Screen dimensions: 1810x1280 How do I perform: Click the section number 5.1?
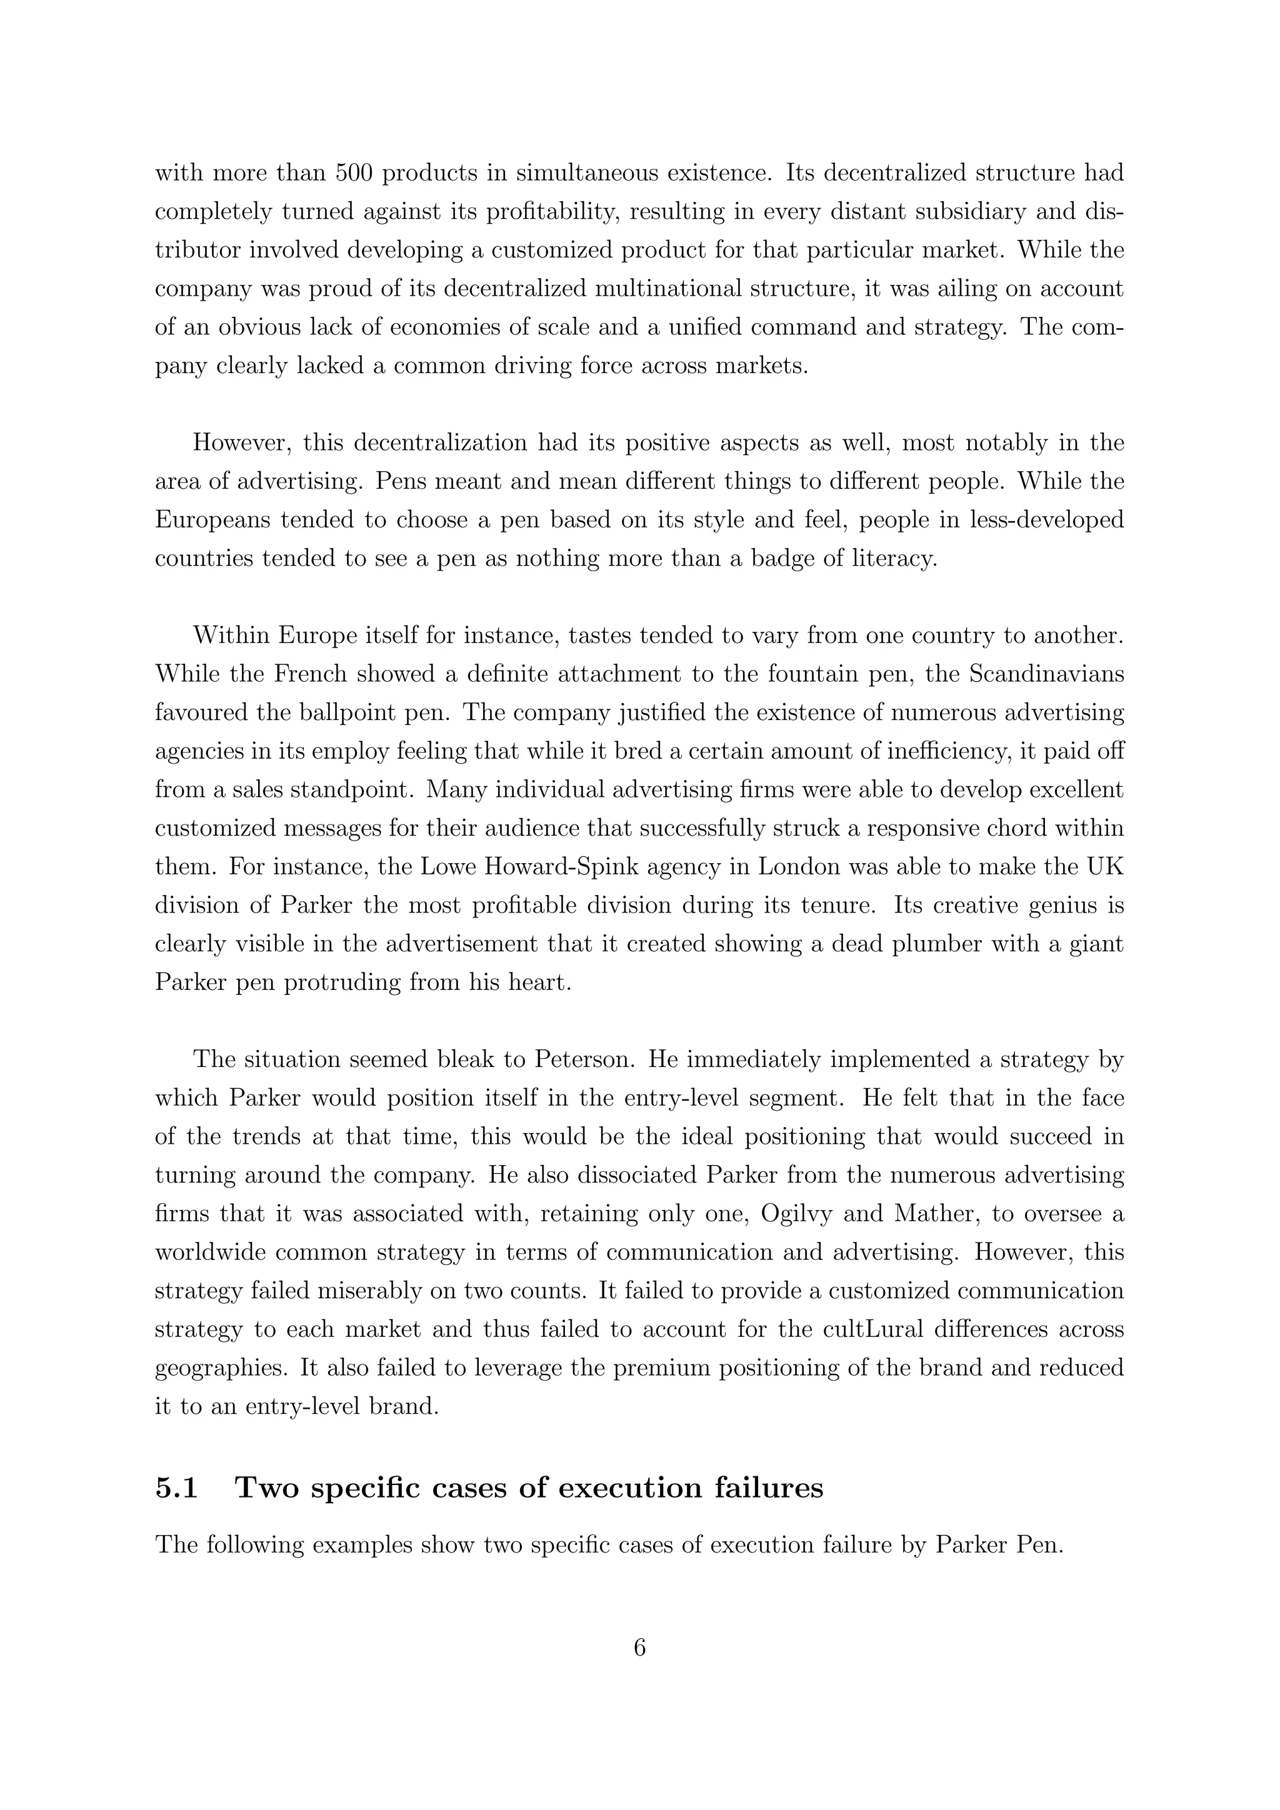[176, 1488]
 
